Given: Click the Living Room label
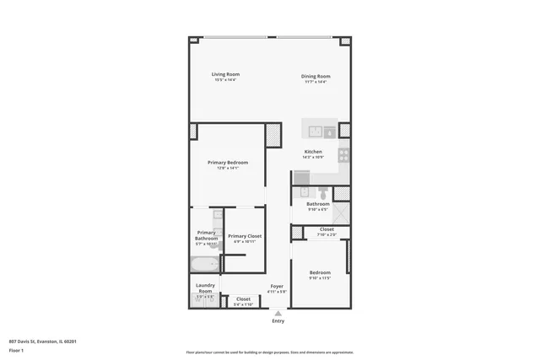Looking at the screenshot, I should [x=224, y=74].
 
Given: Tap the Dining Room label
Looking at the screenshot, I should [x=315, y=76].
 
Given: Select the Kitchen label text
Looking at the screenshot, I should [x=313, y=152].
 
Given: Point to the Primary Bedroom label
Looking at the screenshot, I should [x=228, y=162].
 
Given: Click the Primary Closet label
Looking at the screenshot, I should [x=244, y=236].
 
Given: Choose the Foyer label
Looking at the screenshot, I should [x=277, y=287].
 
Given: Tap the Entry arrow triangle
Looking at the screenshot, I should [x=278, y=313].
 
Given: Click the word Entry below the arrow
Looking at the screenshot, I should [x=278, y=321].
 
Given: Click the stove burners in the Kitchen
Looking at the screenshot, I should [x=344, y=155].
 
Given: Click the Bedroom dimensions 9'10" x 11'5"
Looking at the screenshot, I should [x=319, y=277].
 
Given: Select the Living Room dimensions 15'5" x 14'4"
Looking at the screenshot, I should [x=224, y=80].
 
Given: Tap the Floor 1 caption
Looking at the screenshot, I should [x=16, y=349].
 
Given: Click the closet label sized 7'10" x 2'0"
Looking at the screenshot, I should [x=326, y=233].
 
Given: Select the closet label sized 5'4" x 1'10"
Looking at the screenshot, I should [x=243, y=302].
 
